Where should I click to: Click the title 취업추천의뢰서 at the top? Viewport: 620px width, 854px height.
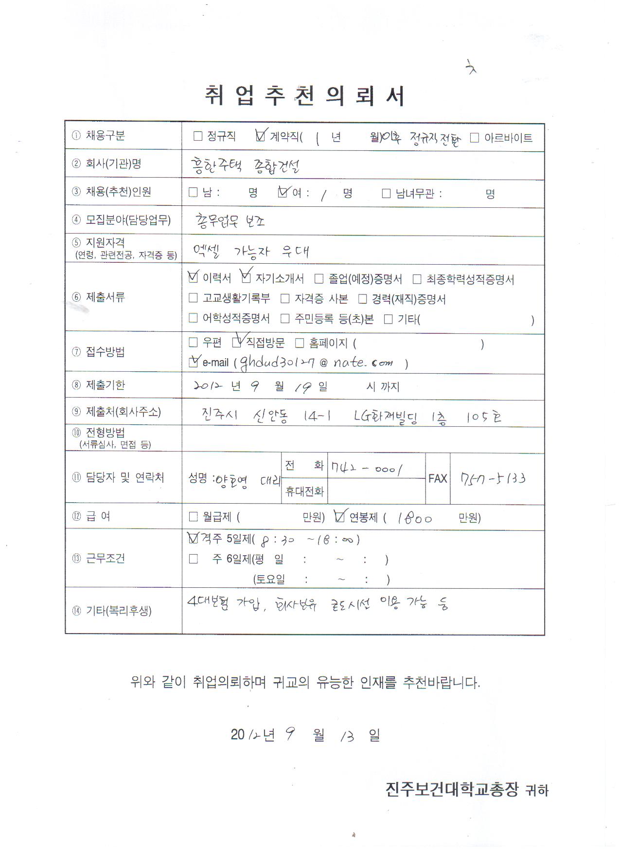click(304, 95)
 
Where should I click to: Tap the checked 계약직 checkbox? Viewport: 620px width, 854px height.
click(261, 136)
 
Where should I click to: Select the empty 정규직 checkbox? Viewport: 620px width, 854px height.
click(198, 136)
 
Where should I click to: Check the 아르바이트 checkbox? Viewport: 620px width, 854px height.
click(475, 138)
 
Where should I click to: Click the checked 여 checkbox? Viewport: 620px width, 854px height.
click(283, 192)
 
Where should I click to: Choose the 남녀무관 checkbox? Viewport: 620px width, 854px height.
click(386, 194)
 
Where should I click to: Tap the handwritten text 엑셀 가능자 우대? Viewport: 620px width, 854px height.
click(251, 251)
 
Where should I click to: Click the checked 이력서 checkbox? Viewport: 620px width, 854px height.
click(193, 277)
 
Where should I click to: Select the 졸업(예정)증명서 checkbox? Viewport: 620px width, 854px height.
click(319, 279)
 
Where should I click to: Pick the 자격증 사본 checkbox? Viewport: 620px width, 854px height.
click(285, 298)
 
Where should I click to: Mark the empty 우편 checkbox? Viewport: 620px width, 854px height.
click(193, 343)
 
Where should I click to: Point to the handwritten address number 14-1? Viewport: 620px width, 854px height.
click(317, 416)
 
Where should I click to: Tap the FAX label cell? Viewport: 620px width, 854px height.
click(438, 478)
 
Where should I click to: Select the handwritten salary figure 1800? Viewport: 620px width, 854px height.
click(414, 518)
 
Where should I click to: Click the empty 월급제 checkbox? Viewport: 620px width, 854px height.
click(193, 517)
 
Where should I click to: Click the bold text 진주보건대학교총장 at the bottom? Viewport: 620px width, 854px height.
click(452, 789)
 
